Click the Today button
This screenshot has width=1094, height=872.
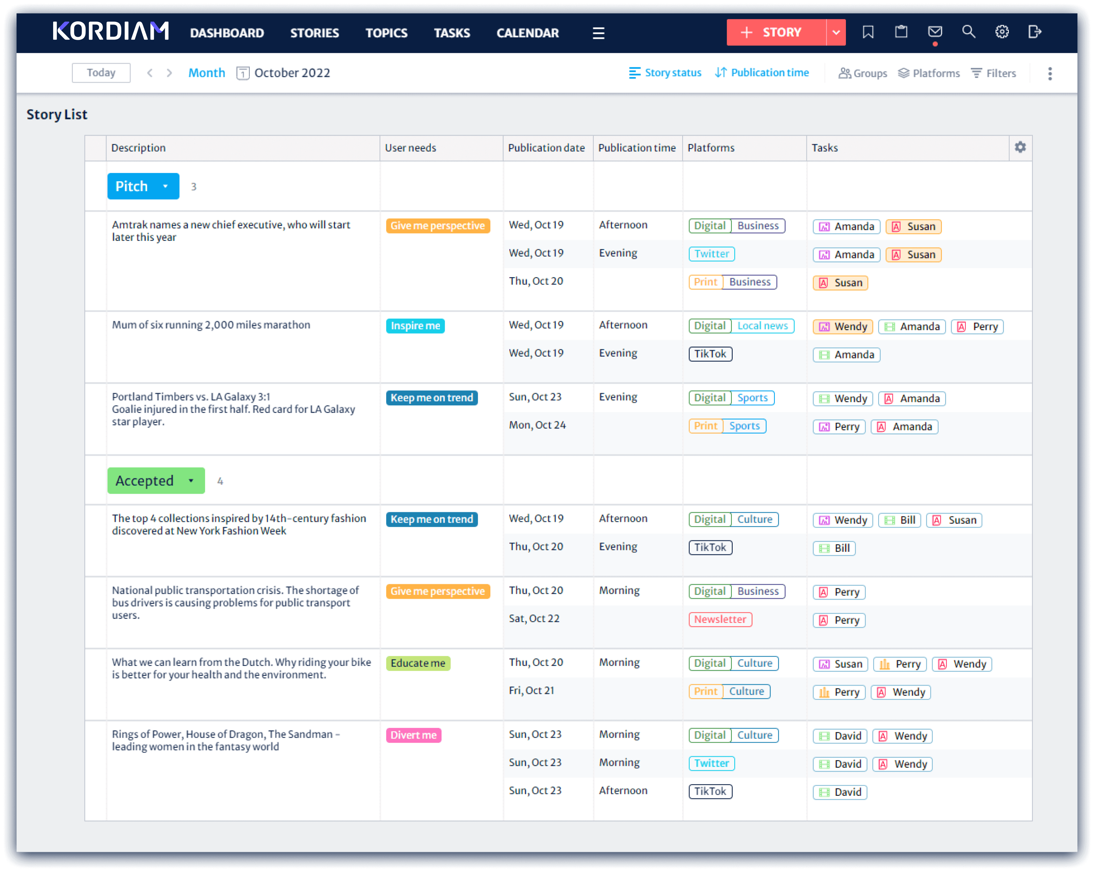pos(101,73)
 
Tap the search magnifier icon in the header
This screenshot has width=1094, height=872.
pos(968,32)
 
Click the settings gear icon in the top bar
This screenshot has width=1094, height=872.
pos(1002,32)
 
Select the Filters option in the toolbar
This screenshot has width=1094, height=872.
pos(994,73)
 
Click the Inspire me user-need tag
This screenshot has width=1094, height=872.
pos(415,326)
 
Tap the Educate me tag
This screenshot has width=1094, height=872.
pos(418,663)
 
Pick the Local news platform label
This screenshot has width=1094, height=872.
pos(762,326)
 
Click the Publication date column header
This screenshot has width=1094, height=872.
pos(546,148)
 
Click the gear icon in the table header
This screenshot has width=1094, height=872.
pos(1020,147)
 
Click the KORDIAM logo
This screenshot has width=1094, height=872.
pos(111,32)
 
